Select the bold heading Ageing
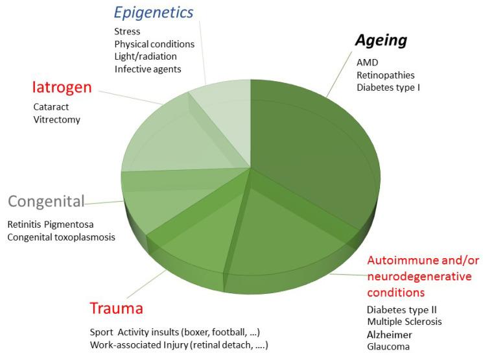point(381,41)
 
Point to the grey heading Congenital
point(46,202)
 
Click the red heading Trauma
point(116,308)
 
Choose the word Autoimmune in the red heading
point(397,261)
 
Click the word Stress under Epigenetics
point(127,31)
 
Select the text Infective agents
point(147,69)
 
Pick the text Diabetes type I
point(388,87)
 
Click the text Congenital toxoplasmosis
point(62,237)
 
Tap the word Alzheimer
point(389,335)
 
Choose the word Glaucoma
point(388,347)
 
